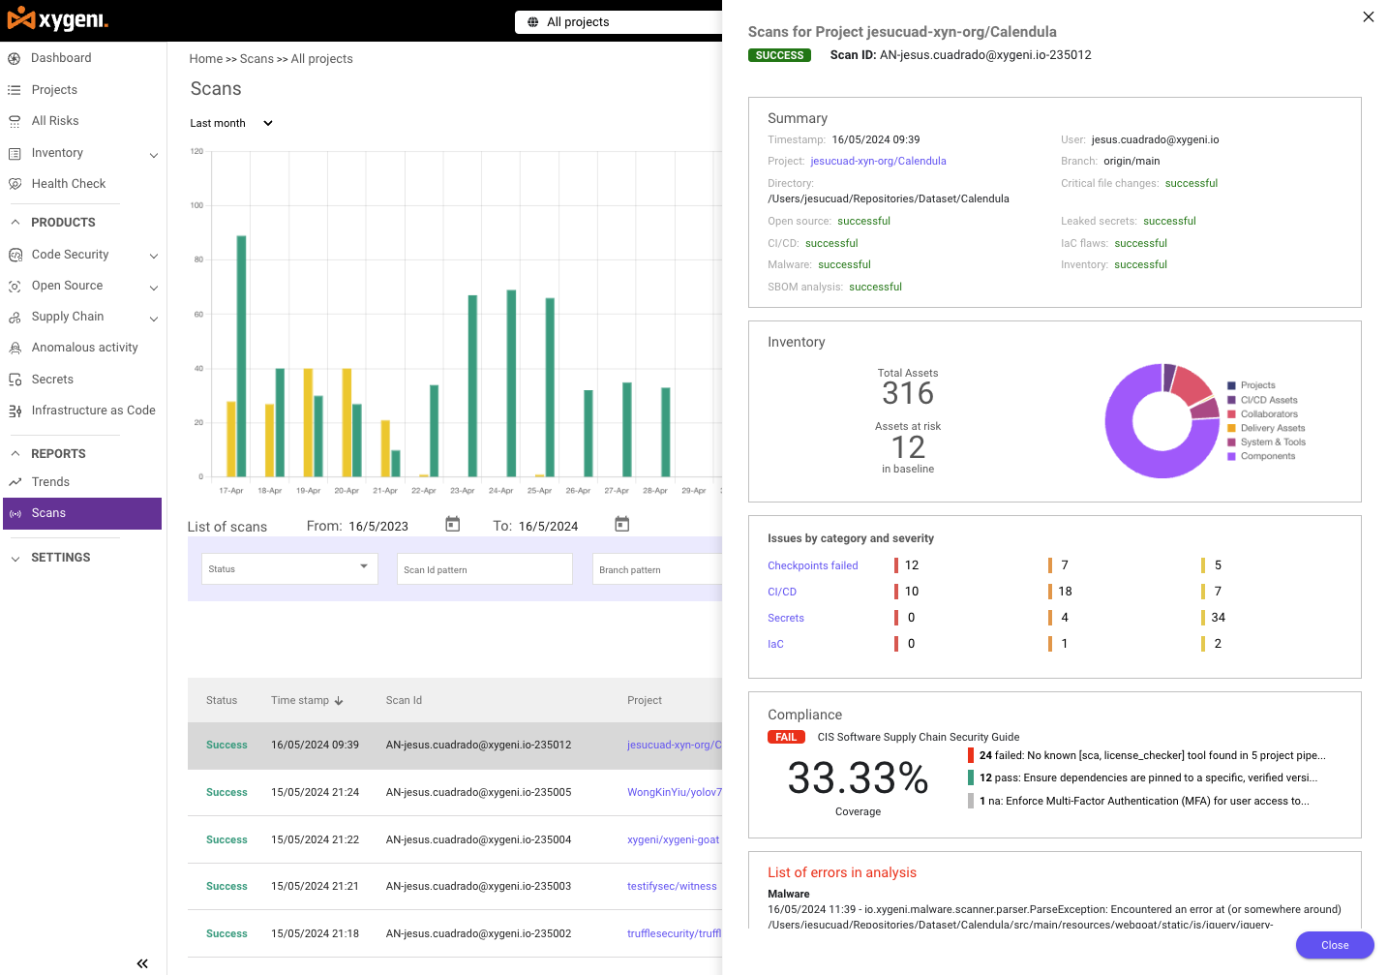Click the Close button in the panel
tap(1334, 945)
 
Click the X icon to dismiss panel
tap(1368, 16)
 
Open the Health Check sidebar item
tap(68, 184)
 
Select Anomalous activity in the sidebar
tap(84, 348)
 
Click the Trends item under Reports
tap(50, 482)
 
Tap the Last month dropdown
tap(231, 123)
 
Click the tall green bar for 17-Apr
tap(241, 355)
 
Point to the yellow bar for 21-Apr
tap(385, 447)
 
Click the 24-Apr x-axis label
tap(500, 491)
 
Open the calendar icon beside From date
tap(452, 525)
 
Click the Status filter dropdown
tap(288, 568)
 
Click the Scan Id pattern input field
tap(484, 569)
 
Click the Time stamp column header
tap(306, 700)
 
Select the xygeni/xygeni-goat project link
tap(673, 839)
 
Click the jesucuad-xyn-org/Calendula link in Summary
tap(878, 162)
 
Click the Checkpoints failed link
tap(812, 565)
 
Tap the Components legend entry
tap(1267, 456)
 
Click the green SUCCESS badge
tap(779, 55)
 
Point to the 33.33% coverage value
tap(858, 777)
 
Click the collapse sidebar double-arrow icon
tap(142, 963)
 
